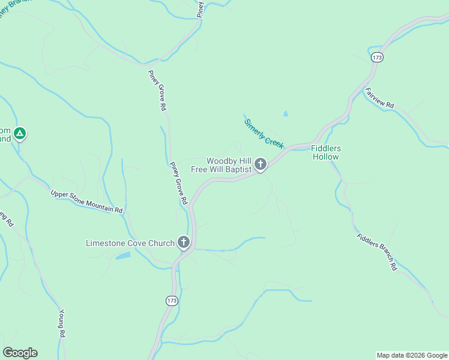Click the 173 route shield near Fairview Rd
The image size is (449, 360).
coord(376,58)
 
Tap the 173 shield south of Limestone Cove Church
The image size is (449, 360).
coord(172,301)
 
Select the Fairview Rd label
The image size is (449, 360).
coord(379,97)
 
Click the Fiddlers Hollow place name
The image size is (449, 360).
coord(326,152)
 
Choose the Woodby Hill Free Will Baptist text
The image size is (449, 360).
coord(220,165)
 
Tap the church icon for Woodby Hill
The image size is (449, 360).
coord(261,164)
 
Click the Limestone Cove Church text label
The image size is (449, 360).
coord(130,243)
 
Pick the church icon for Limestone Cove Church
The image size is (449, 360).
coord(184,243)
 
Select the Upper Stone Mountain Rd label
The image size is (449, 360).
coord(86,202)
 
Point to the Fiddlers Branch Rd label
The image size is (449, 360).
coord(376,251)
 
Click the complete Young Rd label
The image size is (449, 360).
coord(61,326)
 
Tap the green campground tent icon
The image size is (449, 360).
coord(20,133)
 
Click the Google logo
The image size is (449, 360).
coord(20,353)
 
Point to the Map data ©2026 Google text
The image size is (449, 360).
coord(412,355)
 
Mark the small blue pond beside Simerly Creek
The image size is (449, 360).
coord(285,113)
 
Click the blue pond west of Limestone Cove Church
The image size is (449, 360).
coord(122,256)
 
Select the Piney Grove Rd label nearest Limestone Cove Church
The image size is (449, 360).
coord(179,183)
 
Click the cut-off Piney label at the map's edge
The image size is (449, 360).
coord(200,8)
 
